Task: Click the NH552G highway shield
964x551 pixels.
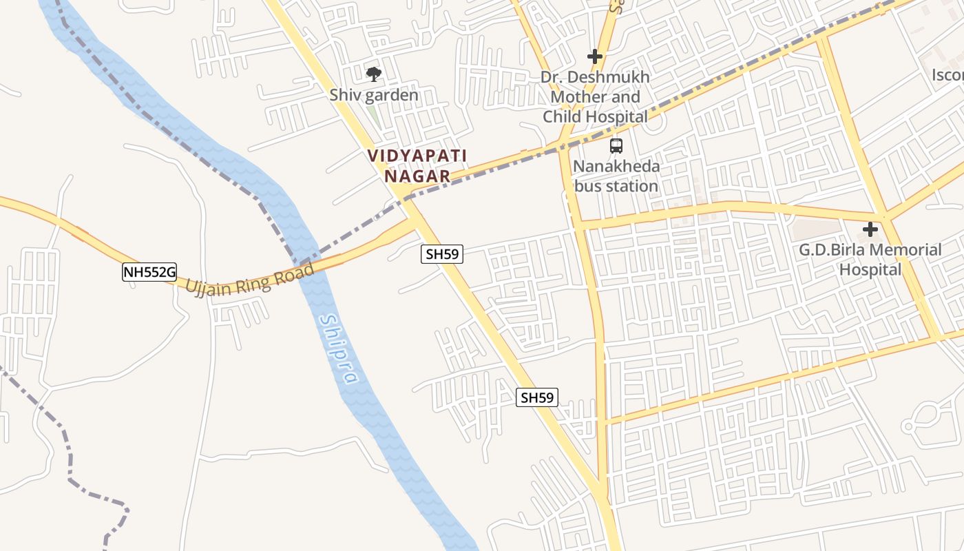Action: (149, 272)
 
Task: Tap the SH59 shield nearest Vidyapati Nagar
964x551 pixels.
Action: (442, 254)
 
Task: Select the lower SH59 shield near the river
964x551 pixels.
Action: (537, 397)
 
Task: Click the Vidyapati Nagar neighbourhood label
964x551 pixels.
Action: (417, 166)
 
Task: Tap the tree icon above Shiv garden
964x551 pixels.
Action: (373, 74)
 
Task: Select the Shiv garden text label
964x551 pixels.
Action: (374, 95)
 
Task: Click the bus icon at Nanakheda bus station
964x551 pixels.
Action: (616, 146)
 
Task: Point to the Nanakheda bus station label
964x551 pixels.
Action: (616, 176)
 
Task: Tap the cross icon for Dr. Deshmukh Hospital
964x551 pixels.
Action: (595, 56)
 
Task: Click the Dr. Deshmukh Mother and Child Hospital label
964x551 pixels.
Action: (595, 97)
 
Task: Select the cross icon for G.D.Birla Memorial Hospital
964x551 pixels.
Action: (870, 229)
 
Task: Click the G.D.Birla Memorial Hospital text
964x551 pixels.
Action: (870, 259)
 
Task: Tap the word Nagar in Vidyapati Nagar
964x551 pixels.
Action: (417, 176)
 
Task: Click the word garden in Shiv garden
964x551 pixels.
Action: (391, 95)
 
